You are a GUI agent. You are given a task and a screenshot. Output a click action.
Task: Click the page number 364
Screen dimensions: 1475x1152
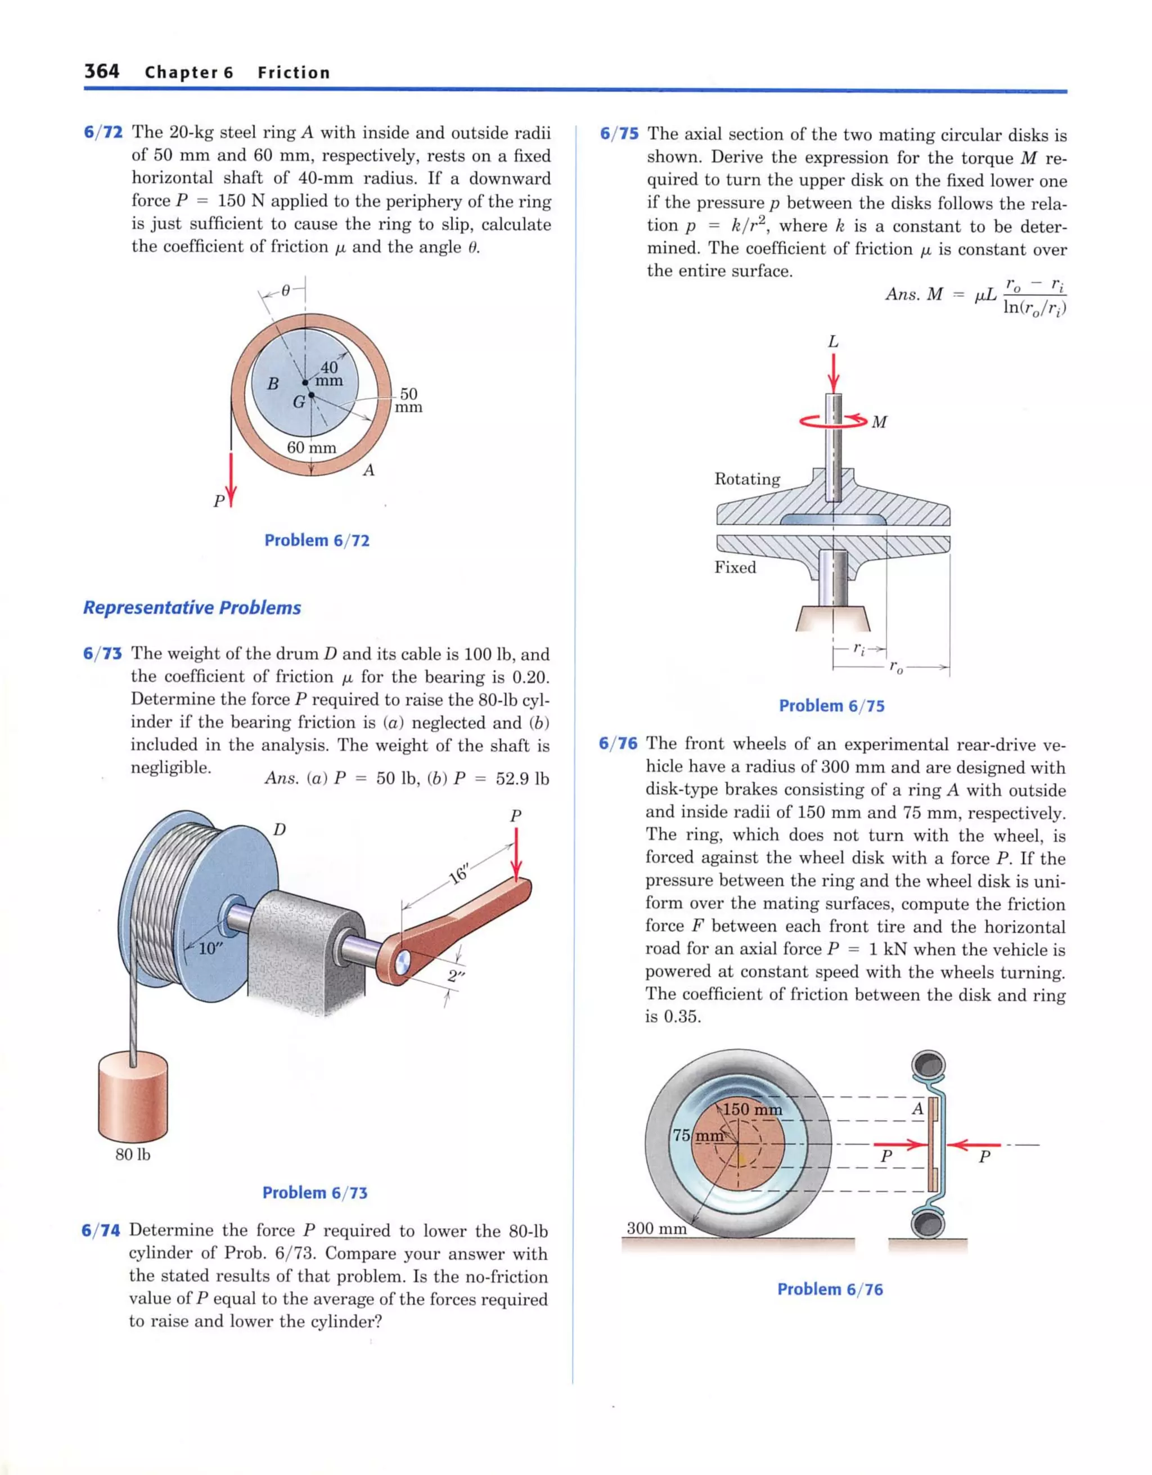pos(101,71)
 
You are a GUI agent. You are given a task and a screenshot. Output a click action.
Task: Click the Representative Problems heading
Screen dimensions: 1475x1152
pos(192,607)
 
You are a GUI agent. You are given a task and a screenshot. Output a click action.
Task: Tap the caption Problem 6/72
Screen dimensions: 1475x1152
pos(317,540)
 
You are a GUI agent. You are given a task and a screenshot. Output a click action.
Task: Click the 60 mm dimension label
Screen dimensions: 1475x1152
pos(312,447)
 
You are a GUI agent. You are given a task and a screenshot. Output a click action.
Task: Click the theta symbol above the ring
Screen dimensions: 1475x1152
pos(286,290)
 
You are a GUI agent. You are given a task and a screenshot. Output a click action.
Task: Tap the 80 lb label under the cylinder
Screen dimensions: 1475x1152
pos(133,1154)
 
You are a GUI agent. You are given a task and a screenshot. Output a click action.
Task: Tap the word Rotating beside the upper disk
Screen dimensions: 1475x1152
pos(747,479)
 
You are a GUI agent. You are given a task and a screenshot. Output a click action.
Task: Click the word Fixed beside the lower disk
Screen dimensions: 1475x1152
pos(735,567)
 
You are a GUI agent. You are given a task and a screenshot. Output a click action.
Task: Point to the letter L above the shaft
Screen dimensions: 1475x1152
pos(833,342)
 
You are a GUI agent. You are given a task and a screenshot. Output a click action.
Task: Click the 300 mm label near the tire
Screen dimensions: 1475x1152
pos(656,1228)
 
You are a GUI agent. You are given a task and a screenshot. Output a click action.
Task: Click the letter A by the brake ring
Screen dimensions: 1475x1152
pos(917,1109)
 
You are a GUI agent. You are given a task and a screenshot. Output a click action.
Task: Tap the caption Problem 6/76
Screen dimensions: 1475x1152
pos(830,1289)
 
